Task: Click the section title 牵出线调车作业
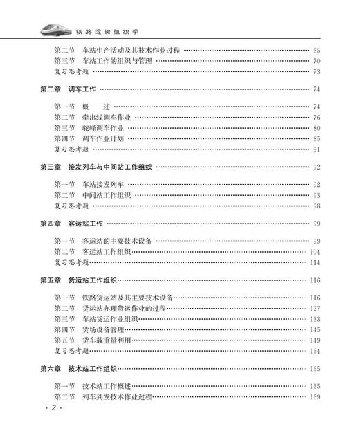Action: pyautogui.click(x=107, y=118)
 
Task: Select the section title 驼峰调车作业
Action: pyautogui.click(x=102, y=128)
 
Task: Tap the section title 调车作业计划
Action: pyautogui.click(x=102, y=138)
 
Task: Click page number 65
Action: pyautogui.click(x=316, y=51)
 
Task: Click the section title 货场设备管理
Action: pyautogui.click(x=102, y=330)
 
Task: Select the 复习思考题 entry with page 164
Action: pyautogui.click(x=71, y=351)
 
